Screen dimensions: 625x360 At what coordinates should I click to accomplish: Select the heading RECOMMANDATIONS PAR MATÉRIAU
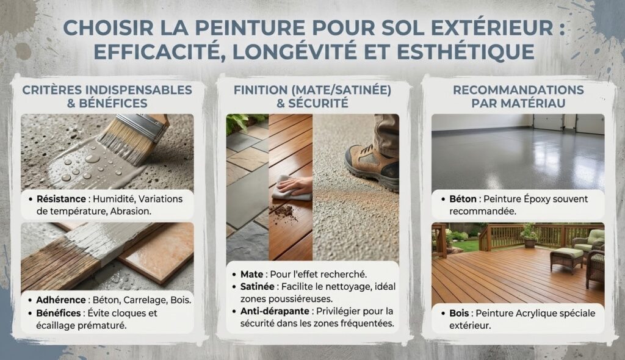pyautogui.click(x=518, y=96)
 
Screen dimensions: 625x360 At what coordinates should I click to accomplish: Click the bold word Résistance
pyautogui.click(x=61, y=198)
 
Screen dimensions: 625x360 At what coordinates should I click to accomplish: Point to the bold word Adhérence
pyautogui.click(x=60, y=300)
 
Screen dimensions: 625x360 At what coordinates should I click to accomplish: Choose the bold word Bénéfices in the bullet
pyautogui.click(x=59, y=313)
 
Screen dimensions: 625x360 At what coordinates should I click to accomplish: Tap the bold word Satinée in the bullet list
pyautogui.click(x=257, y=287)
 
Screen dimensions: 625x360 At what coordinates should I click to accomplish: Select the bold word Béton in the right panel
pyautogui.click(x=463, y=198)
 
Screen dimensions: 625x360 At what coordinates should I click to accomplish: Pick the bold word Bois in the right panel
pyautogui.click(x=459, y=313)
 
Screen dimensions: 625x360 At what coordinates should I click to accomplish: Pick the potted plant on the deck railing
pyautogui.click(x=529, y=236)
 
